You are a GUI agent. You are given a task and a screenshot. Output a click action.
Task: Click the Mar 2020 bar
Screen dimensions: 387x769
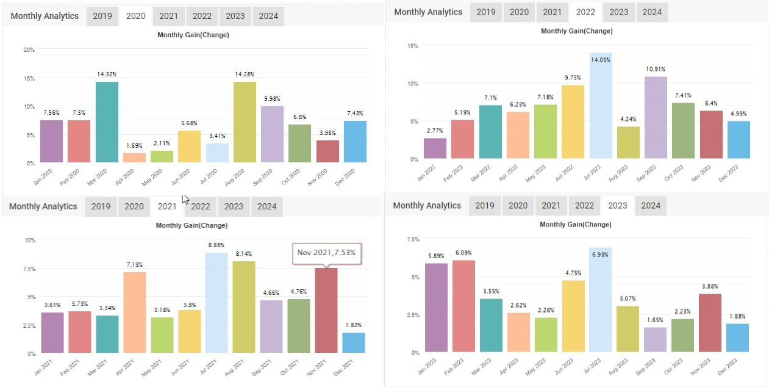pyautogui.click(x=107, y=122)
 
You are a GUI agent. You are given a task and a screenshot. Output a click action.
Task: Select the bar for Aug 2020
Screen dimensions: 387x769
pyautogui.click(x=245, y=122)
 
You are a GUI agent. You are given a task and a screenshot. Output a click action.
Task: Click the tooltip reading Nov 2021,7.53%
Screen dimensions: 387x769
pyautogui.click(x=326, y=252)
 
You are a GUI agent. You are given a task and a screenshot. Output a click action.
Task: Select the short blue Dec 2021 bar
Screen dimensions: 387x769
pyautogui.click(x=354, y=342)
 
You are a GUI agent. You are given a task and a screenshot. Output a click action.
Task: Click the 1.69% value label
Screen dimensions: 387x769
pyautogui.click(x=134, y=145)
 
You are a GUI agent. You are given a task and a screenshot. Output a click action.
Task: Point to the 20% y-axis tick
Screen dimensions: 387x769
pyautogui.click(x=29, y=49)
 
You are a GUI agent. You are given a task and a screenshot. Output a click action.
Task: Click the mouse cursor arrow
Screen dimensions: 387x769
pyautogui.click(x=185, y=199)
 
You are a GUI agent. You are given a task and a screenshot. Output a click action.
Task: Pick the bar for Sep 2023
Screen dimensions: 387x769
pyautogui.click(x=656, y=340)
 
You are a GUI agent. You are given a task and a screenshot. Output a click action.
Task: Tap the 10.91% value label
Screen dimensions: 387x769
pyautogui.click(x=656, y=69)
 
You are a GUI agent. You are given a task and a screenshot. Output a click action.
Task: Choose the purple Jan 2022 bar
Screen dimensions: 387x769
pyautogui.click(x=435, y=148)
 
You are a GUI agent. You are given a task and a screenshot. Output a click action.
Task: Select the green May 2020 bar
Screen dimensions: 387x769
pyautogui.click(x=162, y=156)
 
